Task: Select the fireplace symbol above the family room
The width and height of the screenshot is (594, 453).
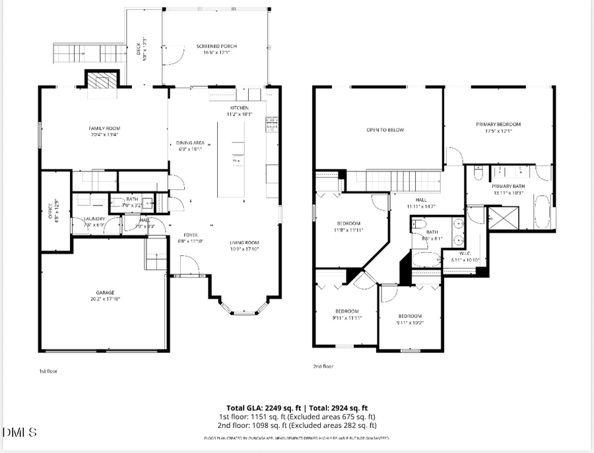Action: point(102,81)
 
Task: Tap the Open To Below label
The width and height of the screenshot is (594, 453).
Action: point(385,130)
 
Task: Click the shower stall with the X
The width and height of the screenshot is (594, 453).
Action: point(503,218)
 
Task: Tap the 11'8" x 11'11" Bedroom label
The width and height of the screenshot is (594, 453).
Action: point(348,226)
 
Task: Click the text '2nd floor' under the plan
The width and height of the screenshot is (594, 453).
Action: point(323,367)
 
